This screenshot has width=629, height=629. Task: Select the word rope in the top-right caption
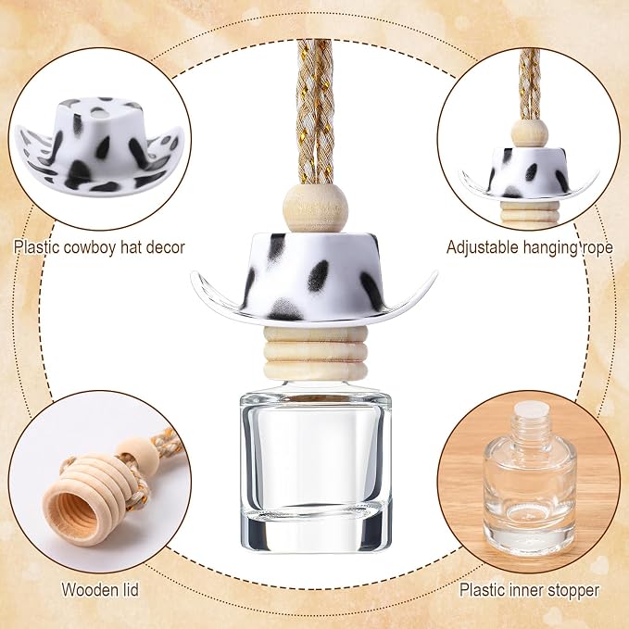pyautogui.click(x=597, y=248)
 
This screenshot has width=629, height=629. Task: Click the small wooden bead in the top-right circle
pyautogui.click(x=530, y=132)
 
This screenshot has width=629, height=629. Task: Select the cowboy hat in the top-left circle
pyautogui.click(x=99, y=144)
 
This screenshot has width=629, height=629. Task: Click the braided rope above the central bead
pyautogui.click(x=315, y=111)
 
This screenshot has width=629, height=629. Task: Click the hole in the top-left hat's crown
pyautogui.click(x=99, y=115)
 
